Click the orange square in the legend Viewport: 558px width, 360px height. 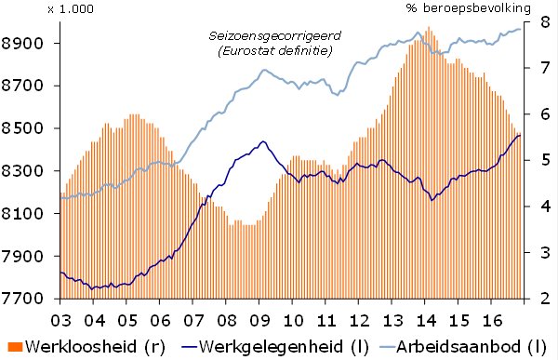[x=10, y=348]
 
